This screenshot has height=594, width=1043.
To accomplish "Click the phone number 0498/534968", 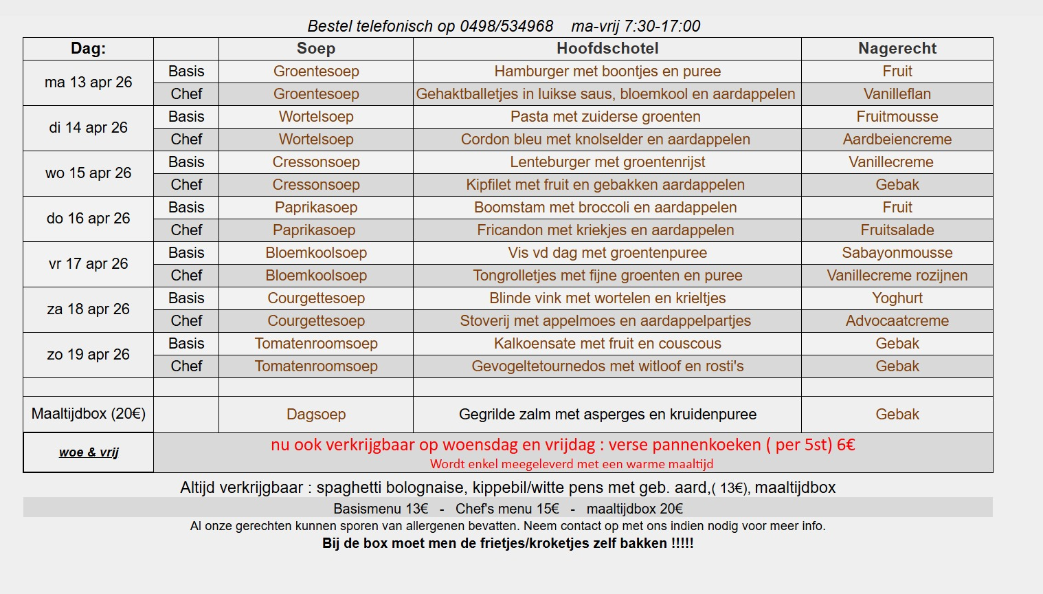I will (506, 26).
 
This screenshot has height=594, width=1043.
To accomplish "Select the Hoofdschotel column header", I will (607, 48).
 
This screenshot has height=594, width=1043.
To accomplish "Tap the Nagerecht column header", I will (897, 48).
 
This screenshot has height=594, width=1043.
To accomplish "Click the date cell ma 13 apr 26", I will (88, 82).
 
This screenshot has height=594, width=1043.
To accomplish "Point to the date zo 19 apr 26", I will (88, 355).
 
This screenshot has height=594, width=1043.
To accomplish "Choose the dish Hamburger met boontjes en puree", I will (607, 71).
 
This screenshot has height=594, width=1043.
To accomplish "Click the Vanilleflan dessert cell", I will (897, 94).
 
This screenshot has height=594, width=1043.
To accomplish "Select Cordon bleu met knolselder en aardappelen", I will (605, 140).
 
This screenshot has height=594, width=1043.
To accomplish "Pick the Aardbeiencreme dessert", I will (897, 140).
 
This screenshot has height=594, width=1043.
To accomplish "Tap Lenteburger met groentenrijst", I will (607, 162).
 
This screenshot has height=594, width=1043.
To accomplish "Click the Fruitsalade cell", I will (897, 230).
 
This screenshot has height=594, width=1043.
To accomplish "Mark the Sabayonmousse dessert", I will (897, 253).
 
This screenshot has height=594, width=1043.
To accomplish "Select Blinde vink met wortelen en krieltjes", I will (607, 298).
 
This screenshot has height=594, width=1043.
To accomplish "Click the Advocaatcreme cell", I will (897, 321).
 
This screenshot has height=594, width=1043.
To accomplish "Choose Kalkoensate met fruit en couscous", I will (607, 344).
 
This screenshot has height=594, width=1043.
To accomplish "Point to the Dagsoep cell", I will (316, 415).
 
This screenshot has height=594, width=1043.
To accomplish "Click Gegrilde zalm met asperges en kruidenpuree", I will (607, 415).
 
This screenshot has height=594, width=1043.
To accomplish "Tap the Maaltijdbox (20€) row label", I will (88, 414).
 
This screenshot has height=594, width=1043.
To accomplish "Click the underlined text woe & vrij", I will (89, 452).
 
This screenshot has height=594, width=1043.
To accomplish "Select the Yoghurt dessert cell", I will (897, 298).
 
